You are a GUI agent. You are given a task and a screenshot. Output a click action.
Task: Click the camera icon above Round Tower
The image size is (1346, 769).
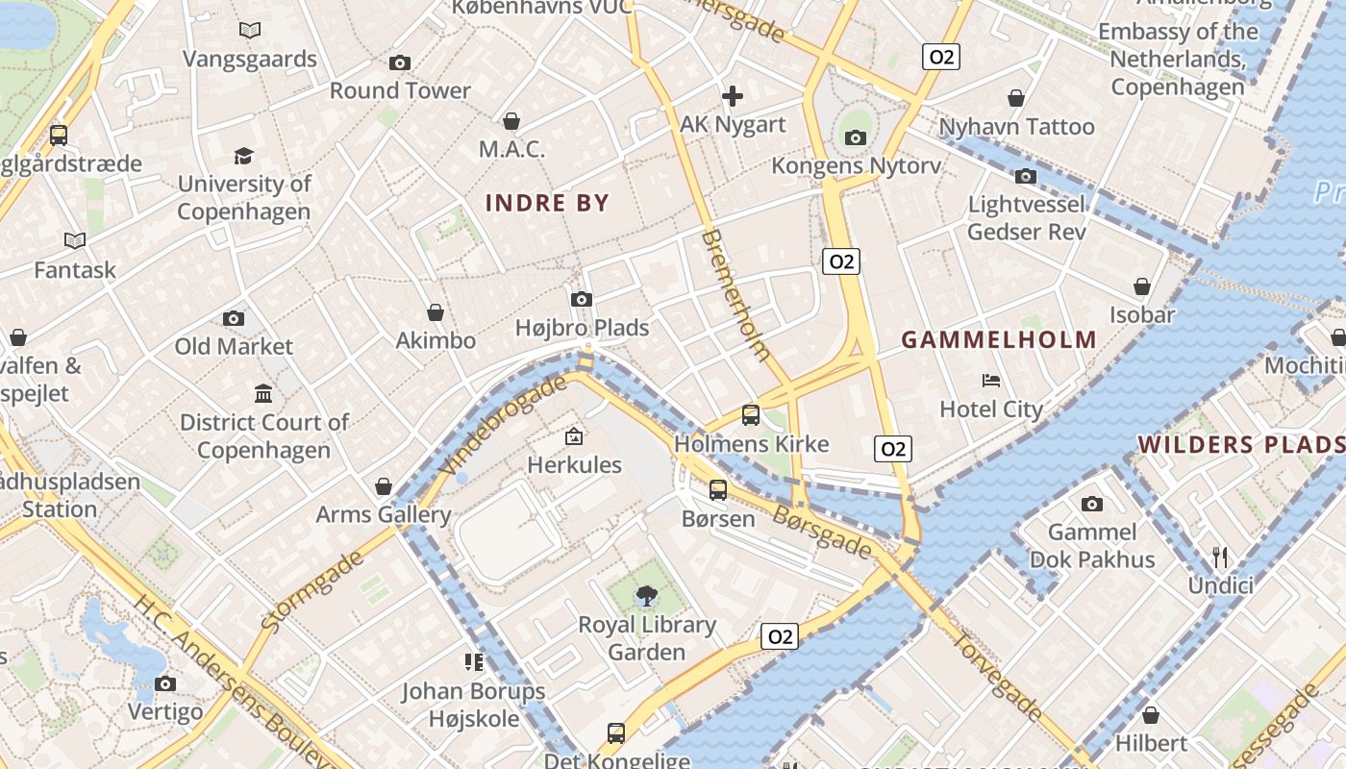coord(400,63)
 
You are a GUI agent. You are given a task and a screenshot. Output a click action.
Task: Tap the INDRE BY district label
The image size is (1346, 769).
coord(547,203)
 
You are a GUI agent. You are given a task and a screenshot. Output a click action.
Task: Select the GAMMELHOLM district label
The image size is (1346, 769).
coord(999,339)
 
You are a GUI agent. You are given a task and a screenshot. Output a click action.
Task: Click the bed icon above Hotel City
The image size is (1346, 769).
coord(991,381)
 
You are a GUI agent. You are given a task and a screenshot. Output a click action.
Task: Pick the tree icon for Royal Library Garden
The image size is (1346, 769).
coord(647,597)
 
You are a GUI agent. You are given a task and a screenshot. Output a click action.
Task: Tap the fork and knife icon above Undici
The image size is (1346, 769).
coord(1220,557)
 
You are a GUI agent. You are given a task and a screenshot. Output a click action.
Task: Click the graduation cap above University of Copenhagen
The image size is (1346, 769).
coord(243,156)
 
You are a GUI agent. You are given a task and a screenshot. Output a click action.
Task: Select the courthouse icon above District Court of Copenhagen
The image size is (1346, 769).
coord(263,393)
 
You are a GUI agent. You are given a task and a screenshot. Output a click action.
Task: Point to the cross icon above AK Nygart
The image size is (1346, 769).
coord(733,96)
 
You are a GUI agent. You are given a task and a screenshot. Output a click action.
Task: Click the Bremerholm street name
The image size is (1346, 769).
coord(735,294)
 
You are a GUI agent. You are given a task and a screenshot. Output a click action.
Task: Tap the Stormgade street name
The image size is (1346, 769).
coord(312,590)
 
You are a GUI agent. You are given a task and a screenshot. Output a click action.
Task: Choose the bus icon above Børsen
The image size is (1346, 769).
coord(718,490)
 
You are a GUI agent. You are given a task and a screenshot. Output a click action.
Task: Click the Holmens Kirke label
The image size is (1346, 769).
coord(751,444)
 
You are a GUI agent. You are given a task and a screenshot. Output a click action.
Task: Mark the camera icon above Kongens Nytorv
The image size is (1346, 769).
coord(856,137)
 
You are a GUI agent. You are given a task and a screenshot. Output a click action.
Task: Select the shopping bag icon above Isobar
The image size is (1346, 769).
coord(1142,286)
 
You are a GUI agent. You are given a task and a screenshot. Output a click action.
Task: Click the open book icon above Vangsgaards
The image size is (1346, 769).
coord(250,31)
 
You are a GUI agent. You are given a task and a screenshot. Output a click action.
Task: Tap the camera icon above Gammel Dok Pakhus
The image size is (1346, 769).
coord(1091,504)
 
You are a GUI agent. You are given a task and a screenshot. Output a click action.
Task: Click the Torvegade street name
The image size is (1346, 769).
coord(997,677)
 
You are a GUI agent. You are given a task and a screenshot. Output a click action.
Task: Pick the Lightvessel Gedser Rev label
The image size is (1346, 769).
coord(1027,218)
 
